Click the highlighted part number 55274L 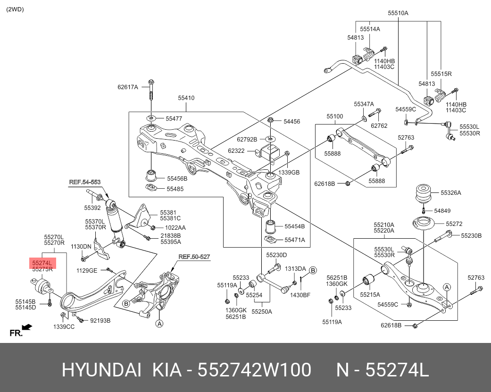tap(42, 262)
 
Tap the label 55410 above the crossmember tap(186, 98)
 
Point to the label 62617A tap(127, 87)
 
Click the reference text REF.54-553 tap(85, 182)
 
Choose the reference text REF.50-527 tap(194, 257)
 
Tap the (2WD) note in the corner tap(15, 9)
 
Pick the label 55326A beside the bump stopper tap(451, 193)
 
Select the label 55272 tap(454, 224)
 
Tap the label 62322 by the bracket tap(236, 151)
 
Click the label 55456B tap(177, 179)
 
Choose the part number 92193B tap(100, 321)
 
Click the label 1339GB tap(289, 172)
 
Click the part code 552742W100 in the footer tap(254, 371)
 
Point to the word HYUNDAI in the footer tap(101, 371)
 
